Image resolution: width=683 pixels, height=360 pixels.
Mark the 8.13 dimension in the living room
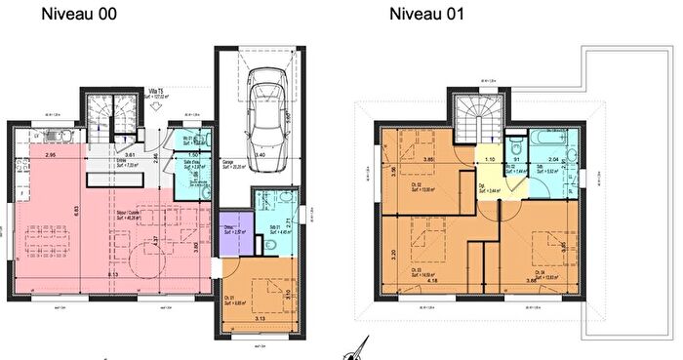click(x=116, y=276)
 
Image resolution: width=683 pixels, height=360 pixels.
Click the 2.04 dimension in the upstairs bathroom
click(x=553, y=159)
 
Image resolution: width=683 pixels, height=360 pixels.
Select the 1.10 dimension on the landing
click(x=491, y=159)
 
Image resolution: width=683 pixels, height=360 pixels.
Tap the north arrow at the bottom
click(x=360, y=349)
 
